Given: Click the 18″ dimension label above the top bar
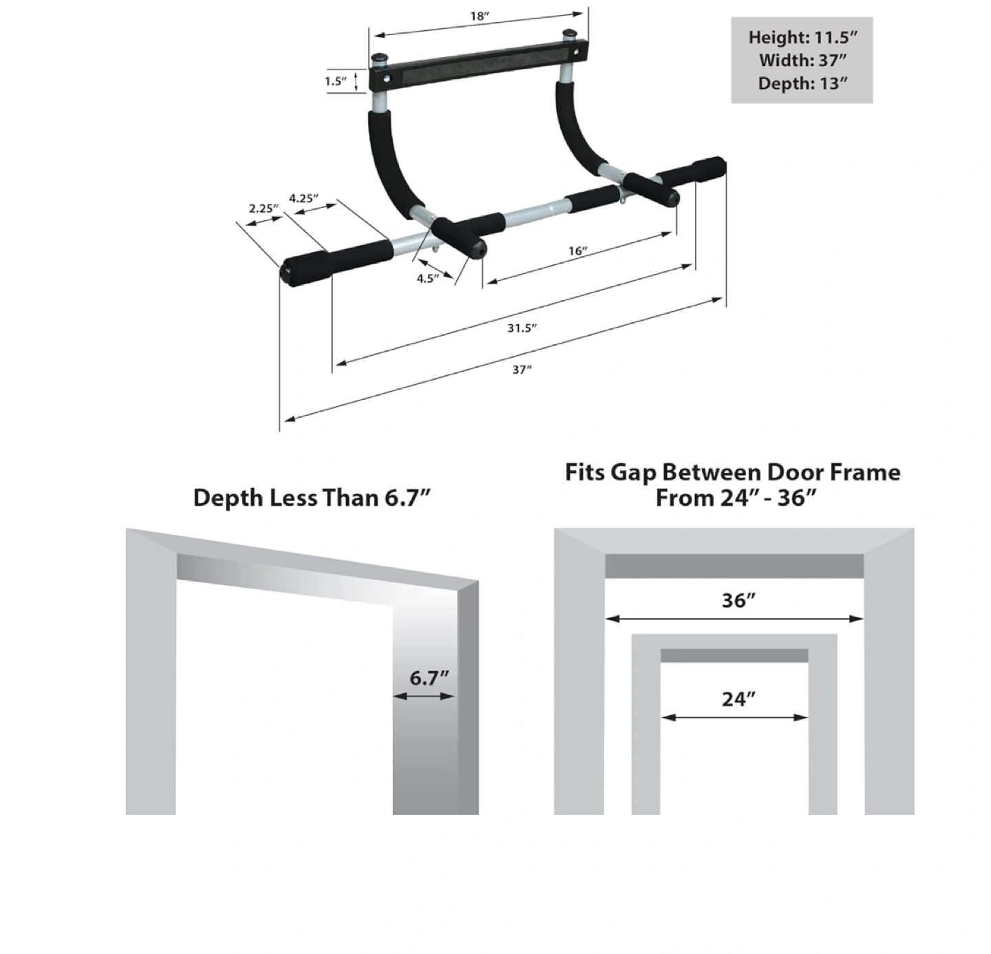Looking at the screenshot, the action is click(479, 16).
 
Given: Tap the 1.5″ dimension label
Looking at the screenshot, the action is click(336, 81).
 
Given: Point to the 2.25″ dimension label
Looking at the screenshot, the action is click(264, 208).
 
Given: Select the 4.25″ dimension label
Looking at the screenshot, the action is click(303, 198).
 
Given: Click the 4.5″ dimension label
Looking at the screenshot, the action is click(428, 278).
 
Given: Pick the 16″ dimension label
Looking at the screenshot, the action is click(578, 251).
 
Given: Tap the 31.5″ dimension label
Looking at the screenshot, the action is click(522, 328).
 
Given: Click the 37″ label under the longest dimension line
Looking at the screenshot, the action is click(522, 370).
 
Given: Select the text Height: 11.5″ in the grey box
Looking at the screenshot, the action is click(802, 37).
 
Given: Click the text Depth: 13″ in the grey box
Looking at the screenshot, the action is click(802, 83).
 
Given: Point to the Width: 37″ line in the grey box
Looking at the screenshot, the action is click(802, 60).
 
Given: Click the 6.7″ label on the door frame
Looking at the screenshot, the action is click(429, 678).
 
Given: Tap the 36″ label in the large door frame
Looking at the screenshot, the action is click(738, 600).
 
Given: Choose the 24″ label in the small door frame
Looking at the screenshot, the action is click(738, 699).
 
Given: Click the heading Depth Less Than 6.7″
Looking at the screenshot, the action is click(312, 498).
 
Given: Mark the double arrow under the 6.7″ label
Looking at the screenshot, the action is click(424, 697).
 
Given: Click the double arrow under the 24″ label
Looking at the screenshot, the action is click(734, 717).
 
